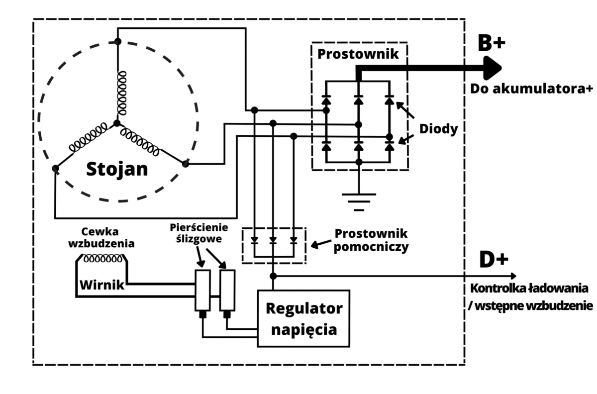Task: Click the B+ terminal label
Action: coord(491,43)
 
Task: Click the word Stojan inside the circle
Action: coord(117,169)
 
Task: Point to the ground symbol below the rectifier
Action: coord(359,199)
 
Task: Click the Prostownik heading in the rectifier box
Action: coord(358,54)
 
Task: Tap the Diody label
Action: coord(438,128)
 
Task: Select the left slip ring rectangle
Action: coord(202,290)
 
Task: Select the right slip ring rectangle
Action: coord(227,290)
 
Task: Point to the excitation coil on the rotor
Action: coord(103,259)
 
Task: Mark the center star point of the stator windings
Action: coord(117,123)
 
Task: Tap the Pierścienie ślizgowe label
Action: coord(199,233)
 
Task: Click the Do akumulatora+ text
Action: coord(531,89)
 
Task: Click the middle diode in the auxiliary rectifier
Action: coord(273,241)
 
